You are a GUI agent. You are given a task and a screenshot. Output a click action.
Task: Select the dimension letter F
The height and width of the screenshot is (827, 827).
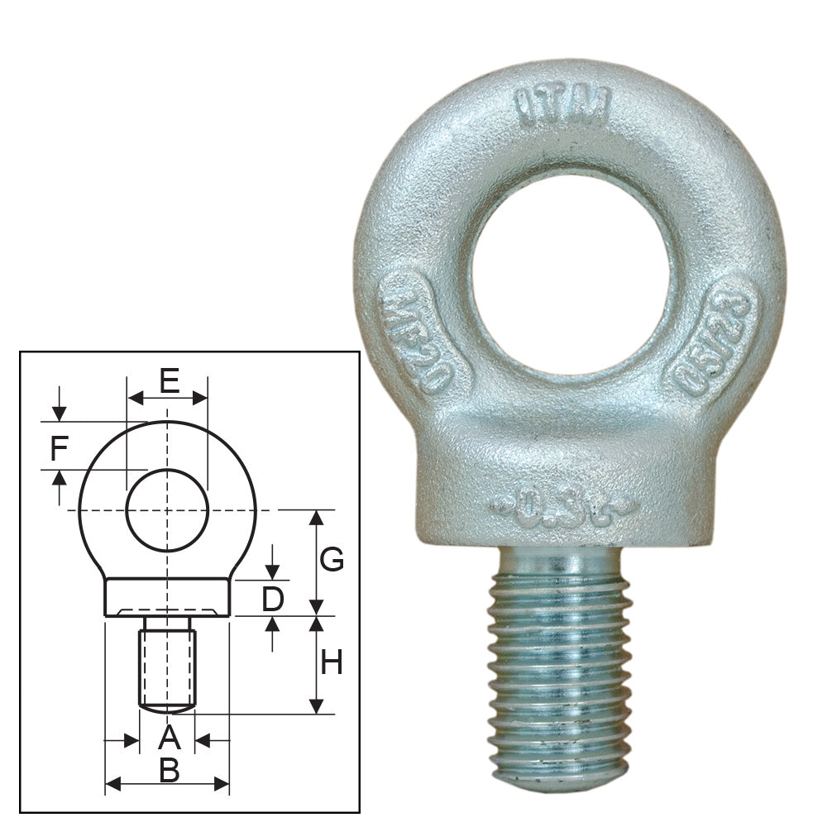(58, 449)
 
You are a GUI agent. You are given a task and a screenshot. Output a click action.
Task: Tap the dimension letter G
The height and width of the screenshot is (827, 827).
(332, 561)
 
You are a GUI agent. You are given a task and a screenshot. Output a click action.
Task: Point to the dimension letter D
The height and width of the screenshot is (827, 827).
(273, 600)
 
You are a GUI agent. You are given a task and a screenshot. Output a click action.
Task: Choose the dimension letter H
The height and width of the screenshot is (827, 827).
(331, 662)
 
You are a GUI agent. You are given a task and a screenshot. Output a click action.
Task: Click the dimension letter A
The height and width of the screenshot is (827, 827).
(168, 737)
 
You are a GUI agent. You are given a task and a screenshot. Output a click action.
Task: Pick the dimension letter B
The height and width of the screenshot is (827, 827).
(169, 771)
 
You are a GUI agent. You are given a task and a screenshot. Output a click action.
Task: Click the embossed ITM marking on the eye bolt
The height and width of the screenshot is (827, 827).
(562, 105)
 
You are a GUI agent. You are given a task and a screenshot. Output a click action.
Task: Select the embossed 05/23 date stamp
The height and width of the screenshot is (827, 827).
(714, 338)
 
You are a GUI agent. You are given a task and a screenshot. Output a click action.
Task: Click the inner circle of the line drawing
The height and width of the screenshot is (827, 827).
(167, 510)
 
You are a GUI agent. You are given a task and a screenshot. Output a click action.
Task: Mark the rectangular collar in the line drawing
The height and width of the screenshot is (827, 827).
(167, 597)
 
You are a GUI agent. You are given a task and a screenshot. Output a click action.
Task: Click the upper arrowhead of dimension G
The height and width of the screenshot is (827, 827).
(316, 518)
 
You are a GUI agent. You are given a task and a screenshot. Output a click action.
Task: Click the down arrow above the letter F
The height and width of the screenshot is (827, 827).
(58, 413)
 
